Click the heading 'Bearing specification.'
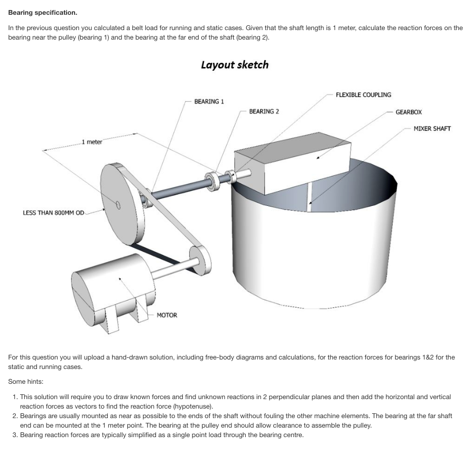click(42, 12)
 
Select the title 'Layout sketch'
click(234, 65)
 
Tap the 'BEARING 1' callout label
click(209, 101)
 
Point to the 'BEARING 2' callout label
click(264, 111)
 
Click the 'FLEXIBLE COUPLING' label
click(363, 95)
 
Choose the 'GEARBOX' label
click(409, 112)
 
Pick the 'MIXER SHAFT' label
click(432, 129)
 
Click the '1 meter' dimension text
click(92, 142)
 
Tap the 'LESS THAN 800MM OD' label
click(53, 213)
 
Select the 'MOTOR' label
click(167, 315)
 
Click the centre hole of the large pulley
click(118, 205)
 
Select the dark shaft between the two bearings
click(180, 188)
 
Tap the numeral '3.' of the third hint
click(15, 435)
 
